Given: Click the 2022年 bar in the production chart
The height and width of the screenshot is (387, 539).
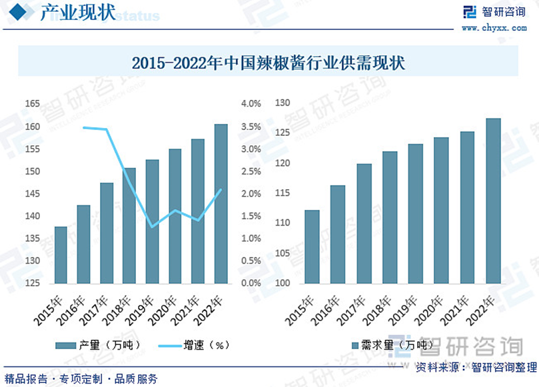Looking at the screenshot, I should coord(221,203).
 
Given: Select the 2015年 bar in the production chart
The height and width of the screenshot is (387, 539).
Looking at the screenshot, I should coord(61,254).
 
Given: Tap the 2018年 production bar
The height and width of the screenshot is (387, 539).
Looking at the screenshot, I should coord(129,225).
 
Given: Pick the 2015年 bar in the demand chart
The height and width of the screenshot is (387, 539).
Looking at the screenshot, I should coord(312,246).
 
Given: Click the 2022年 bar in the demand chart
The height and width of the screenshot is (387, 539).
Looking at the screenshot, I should coord(493,200).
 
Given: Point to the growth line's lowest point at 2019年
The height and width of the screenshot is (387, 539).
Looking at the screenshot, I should coord(153,227).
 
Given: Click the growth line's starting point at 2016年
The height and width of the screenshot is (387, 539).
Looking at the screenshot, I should coord(83,127).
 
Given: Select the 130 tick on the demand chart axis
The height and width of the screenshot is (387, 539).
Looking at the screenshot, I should coord(282,103).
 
